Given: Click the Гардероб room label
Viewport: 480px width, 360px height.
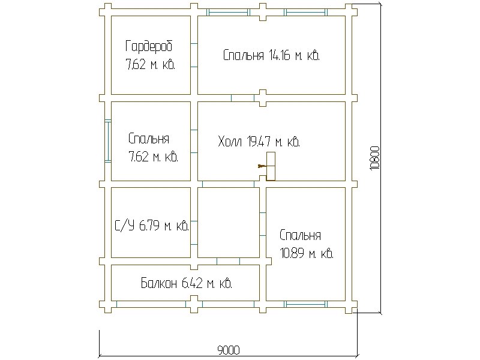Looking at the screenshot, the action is coord(149,46).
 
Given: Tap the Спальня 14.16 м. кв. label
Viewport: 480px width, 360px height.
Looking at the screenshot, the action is coord(271,55).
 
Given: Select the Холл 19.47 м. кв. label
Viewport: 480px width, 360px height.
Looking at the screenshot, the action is coord(259,142).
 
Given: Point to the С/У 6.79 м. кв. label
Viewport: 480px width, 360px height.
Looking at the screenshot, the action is coord(152,226).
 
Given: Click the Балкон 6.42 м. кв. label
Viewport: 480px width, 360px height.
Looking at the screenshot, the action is coord(187,283).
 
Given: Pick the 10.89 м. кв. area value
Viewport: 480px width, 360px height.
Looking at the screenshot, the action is coord(307,254).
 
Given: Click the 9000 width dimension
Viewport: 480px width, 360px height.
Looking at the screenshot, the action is coord(229,350).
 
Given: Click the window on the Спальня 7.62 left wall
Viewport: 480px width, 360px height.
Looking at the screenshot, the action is coord(108,141).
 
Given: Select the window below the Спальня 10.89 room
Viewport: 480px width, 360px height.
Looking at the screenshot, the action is coord(305,304).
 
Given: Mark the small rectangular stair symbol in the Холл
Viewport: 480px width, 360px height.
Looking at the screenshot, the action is coord(271,166).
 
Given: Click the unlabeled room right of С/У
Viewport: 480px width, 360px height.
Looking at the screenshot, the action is coord(229,223).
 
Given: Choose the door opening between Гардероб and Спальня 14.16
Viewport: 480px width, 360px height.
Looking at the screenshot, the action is coord(194,55).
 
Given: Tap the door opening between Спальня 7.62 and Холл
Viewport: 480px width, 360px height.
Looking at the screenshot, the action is coord(194,141).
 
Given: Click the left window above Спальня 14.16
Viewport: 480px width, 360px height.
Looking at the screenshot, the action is coord(228,12).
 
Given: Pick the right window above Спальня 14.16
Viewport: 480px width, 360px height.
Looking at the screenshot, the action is coord(305,12).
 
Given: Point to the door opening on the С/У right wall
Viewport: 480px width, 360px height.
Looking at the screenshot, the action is coord(194,233).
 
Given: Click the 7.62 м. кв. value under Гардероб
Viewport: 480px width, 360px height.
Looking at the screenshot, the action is coord(151,65).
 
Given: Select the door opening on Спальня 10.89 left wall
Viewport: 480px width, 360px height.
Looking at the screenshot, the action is coord(263,224).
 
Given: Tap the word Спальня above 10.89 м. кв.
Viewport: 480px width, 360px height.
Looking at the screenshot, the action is coord(300,235).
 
